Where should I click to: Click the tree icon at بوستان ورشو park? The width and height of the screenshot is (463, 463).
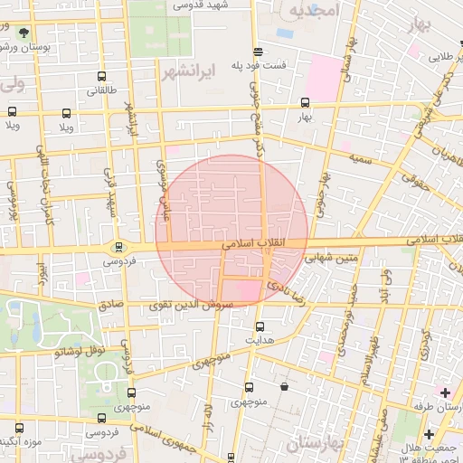tap(22, 33)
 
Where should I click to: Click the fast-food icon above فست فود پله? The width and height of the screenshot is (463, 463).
tap(259, 52)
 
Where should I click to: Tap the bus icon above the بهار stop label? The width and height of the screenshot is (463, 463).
tap(305, 102)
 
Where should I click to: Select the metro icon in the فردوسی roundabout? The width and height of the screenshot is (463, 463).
tap(118, 247)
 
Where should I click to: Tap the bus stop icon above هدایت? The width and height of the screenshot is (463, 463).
tap(260, 326)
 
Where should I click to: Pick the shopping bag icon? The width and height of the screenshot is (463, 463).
tap(285, 387)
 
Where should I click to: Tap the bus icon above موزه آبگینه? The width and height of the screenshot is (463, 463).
tap(19, 428)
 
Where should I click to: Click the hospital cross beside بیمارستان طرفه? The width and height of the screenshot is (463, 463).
tap(444, 392)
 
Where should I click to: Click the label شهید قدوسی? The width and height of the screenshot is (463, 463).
tap(230, 5)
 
